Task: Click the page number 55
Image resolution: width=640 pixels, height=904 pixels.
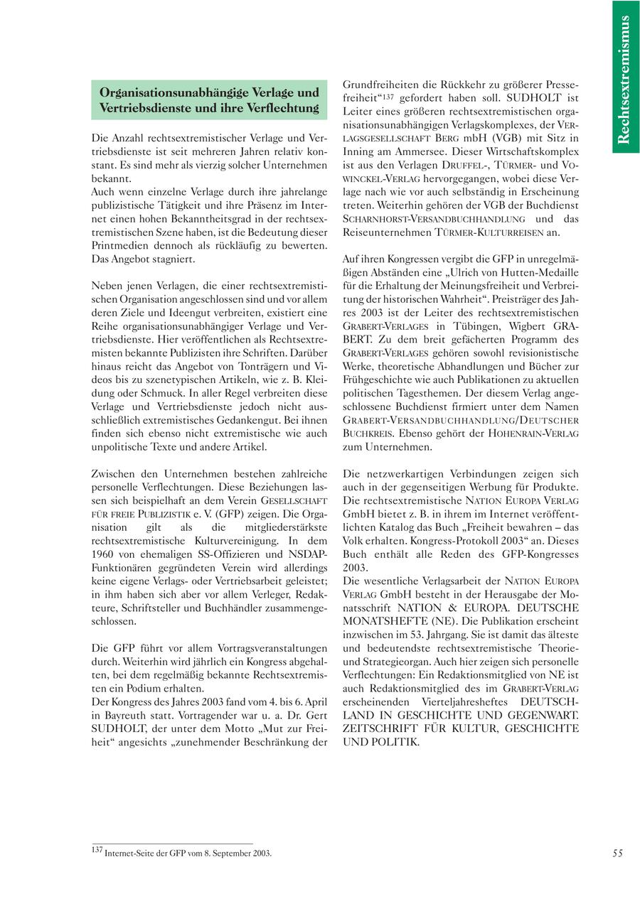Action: pos(617,854)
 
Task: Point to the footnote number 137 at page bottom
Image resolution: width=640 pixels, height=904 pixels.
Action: pos(97,850)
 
